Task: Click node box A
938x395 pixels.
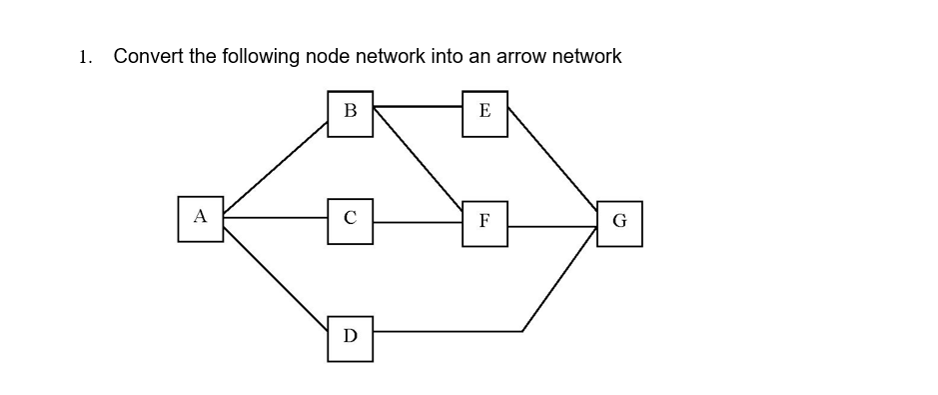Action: coord(200,218)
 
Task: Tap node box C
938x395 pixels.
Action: coord(350,220)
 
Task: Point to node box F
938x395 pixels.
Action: coord(484,222)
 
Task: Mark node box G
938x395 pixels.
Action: coord(619,223)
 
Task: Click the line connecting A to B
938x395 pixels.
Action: coord(276,167)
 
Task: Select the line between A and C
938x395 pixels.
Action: coord(275,217)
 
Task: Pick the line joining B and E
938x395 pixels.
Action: coord(418,105)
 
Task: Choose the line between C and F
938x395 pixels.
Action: coord(418,222)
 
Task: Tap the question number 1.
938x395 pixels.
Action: coord(85,57)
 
